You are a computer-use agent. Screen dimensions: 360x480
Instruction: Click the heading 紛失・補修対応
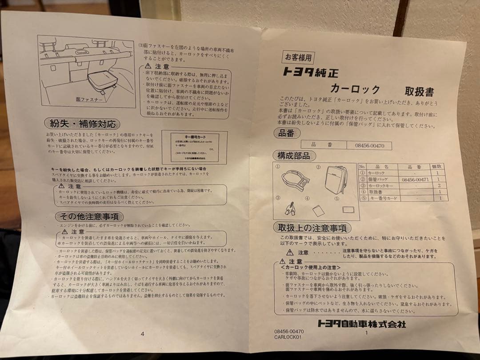82,123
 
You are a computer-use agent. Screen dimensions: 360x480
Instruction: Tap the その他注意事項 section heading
89,216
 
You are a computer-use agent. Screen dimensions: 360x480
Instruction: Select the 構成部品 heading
294,156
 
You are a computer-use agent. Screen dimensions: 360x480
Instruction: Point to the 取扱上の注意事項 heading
312,228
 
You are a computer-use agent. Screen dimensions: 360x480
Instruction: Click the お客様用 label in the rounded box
299,57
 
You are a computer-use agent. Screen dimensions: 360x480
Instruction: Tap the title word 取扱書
419,92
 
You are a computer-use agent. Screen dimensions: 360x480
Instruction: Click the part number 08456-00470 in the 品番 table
370,145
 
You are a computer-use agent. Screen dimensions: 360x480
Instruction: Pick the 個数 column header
438,166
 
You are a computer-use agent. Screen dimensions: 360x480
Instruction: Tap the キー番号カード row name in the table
384,198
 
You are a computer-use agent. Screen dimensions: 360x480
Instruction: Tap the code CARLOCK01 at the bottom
288,337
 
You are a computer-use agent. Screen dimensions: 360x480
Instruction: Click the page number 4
142,334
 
